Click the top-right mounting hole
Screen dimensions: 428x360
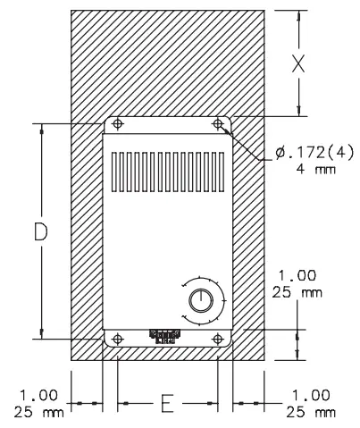218,124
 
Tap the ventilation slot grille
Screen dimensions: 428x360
168,171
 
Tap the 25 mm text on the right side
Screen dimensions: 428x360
297,291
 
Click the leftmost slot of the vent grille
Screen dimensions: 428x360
114,171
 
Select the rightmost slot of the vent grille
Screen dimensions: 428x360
222,171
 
